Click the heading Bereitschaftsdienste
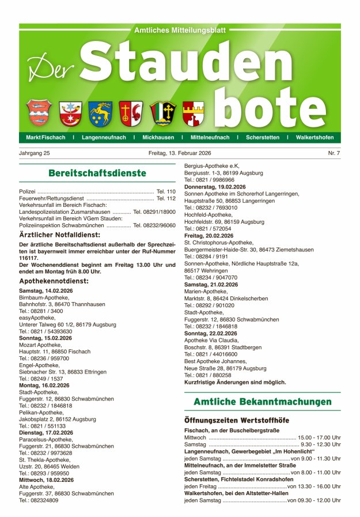pyautogui.click(x=97, y=173)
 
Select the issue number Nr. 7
pyautogui.click(x=334, y=153)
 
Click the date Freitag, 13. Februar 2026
pyautogui.click(x=180, y=153)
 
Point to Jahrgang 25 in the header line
pyautogui.click(x=35, y=153)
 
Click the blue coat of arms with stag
pyautogui.click(x=100, y=114)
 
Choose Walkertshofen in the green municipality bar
pyautogui.click(x=314, y=138)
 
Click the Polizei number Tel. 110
pyautogui.click(x=166, y=191)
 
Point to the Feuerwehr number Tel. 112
pyautogui.click(x=166, y=198)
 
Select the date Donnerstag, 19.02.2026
pyautogui.click(x=215, y=187)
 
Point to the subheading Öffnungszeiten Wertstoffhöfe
pyautogui.click(x=236, y=421)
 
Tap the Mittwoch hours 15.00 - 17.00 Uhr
pyautogui.click(x=319, y=437)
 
